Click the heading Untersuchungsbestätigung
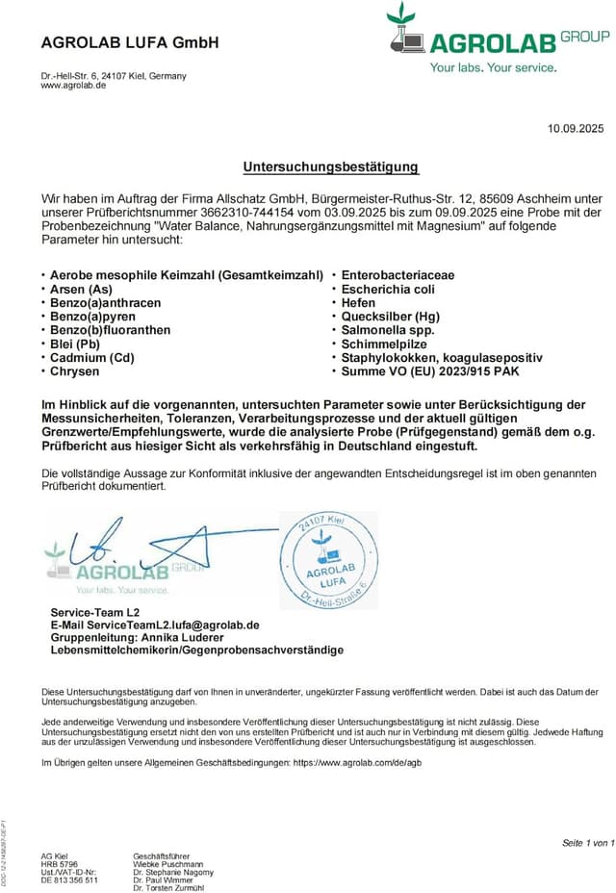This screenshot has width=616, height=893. coord(330,166)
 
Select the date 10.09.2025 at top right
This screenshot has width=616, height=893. coord(576,128)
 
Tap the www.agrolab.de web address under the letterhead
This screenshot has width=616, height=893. coord(73,86)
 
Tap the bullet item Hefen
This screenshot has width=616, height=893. coord(359,302)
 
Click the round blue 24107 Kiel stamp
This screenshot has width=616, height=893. coord(328,559)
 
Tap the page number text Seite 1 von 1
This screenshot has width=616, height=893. coord(587,843)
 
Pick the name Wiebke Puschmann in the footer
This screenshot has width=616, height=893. coord(168,864)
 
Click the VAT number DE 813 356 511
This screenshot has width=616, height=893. coord(69,880)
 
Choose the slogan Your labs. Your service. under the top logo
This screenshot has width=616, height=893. coord(493,67)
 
